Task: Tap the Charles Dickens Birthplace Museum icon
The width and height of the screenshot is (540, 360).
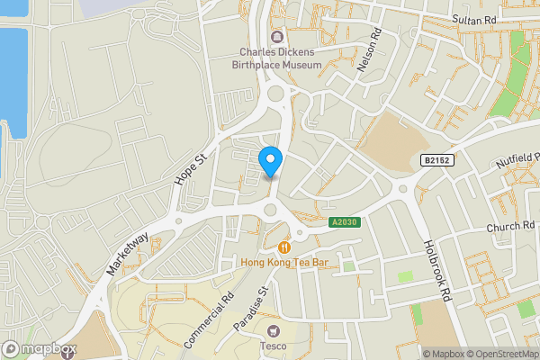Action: click(x=274, y=37)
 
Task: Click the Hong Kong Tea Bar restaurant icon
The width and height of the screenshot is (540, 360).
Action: click(x=284, y=247)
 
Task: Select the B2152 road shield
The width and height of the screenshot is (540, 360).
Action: click(x=436, y=160)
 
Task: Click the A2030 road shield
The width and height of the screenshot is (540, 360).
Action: click(x=345, y=223)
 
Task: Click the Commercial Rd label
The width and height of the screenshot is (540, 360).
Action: click(x=209, y=320)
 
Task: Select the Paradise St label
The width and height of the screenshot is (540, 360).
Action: click(x=250, y=307)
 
